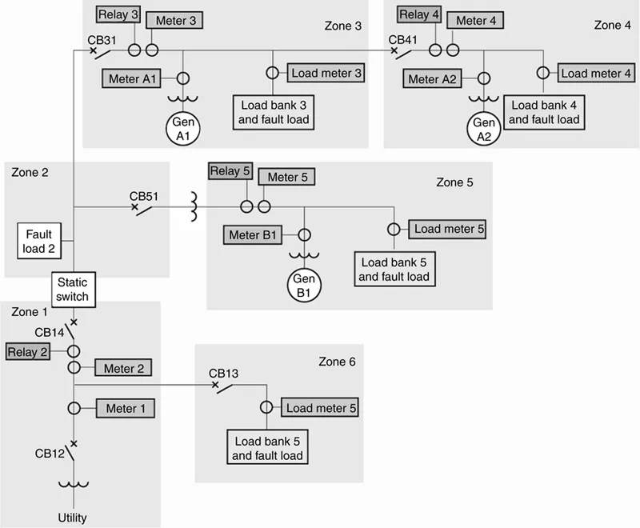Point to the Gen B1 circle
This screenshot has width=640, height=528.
click(303, 286)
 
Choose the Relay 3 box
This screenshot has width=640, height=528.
click(118, 15)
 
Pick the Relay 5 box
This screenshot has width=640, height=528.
click(230, 171)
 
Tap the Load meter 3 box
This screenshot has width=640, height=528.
click(326, 73)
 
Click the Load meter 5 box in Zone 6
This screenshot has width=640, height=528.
click(321, 408)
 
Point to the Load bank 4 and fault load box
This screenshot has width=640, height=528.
click(544, 113)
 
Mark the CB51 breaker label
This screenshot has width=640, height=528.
click(145, 196)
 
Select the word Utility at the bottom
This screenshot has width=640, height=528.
click(72, 518)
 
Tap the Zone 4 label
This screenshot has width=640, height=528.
click(612, 26)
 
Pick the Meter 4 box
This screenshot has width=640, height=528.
click(476, 21)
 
